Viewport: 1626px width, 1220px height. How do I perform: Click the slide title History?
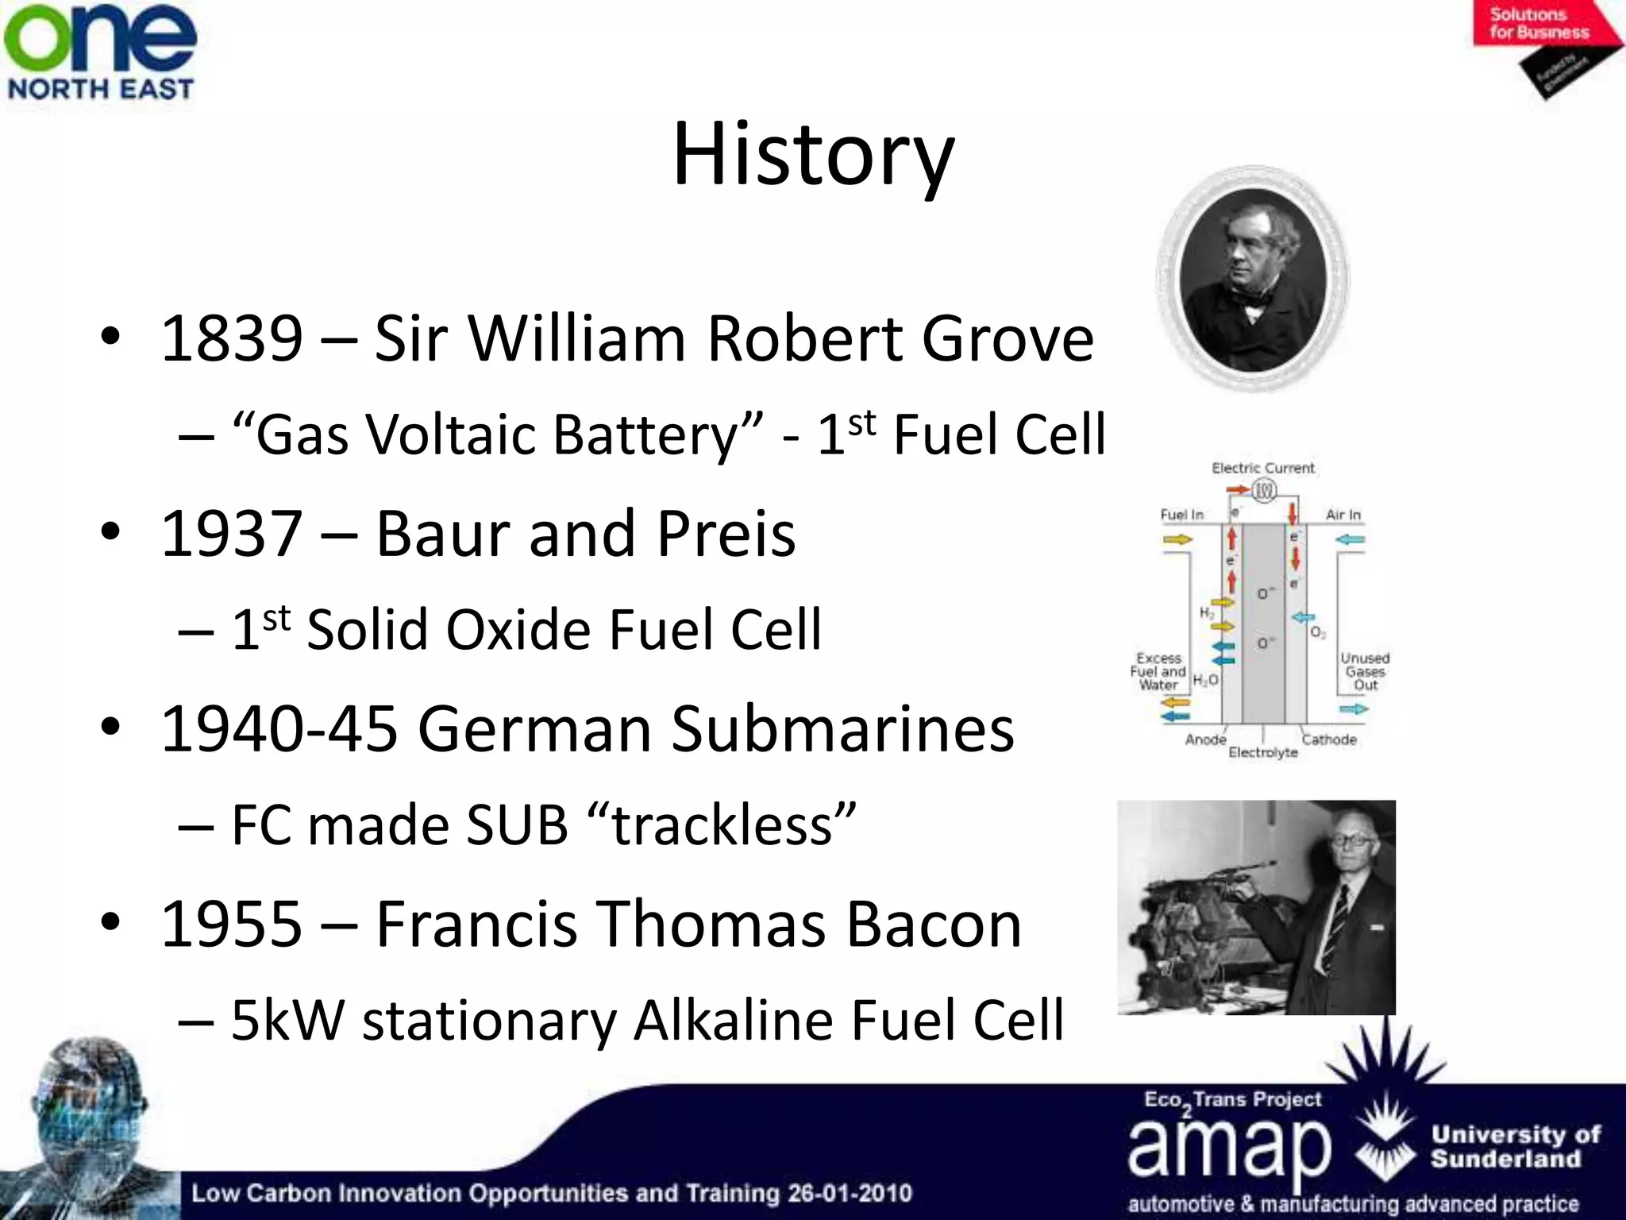pos(813,154)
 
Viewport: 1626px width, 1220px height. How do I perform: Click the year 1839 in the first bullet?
pos(232,339)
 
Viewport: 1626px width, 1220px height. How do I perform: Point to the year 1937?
pos(232,534)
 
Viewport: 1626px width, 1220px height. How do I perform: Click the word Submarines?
pos(842,728)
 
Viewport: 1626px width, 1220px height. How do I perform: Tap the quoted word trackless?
pos(722,825)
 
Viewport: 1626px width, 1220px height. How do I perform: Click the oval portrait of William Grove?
pos(1253,280)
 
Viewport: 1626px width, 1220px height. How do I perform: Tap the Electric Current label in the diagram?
pos(1262,469)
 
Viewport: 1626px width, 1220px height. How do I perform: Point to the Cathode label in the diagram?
pos(1329,739)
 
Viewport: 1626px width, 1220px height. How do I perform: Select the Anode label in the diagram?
pos(1205,739)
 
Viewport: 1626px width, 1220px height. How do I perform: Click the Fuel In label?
pos(1181,515)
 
